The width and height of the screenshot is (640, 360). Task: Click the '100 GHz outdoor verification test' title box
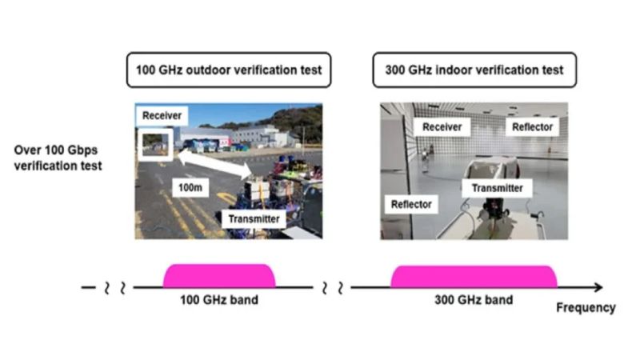tap(227, 70)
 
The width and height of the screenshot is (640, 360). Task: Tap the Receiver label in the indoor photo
tap(442, 127)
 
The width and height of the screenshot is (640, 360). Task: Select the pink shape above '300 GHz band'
tap(474, 276)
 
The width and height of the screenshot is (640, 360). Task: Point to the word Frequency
tap(586, 307)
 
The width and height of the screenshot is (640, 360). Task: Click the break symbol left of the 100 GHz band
tap(115, 287)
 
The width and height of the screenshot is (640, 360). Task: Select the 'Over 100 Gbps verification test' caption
tap(58, 158)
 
